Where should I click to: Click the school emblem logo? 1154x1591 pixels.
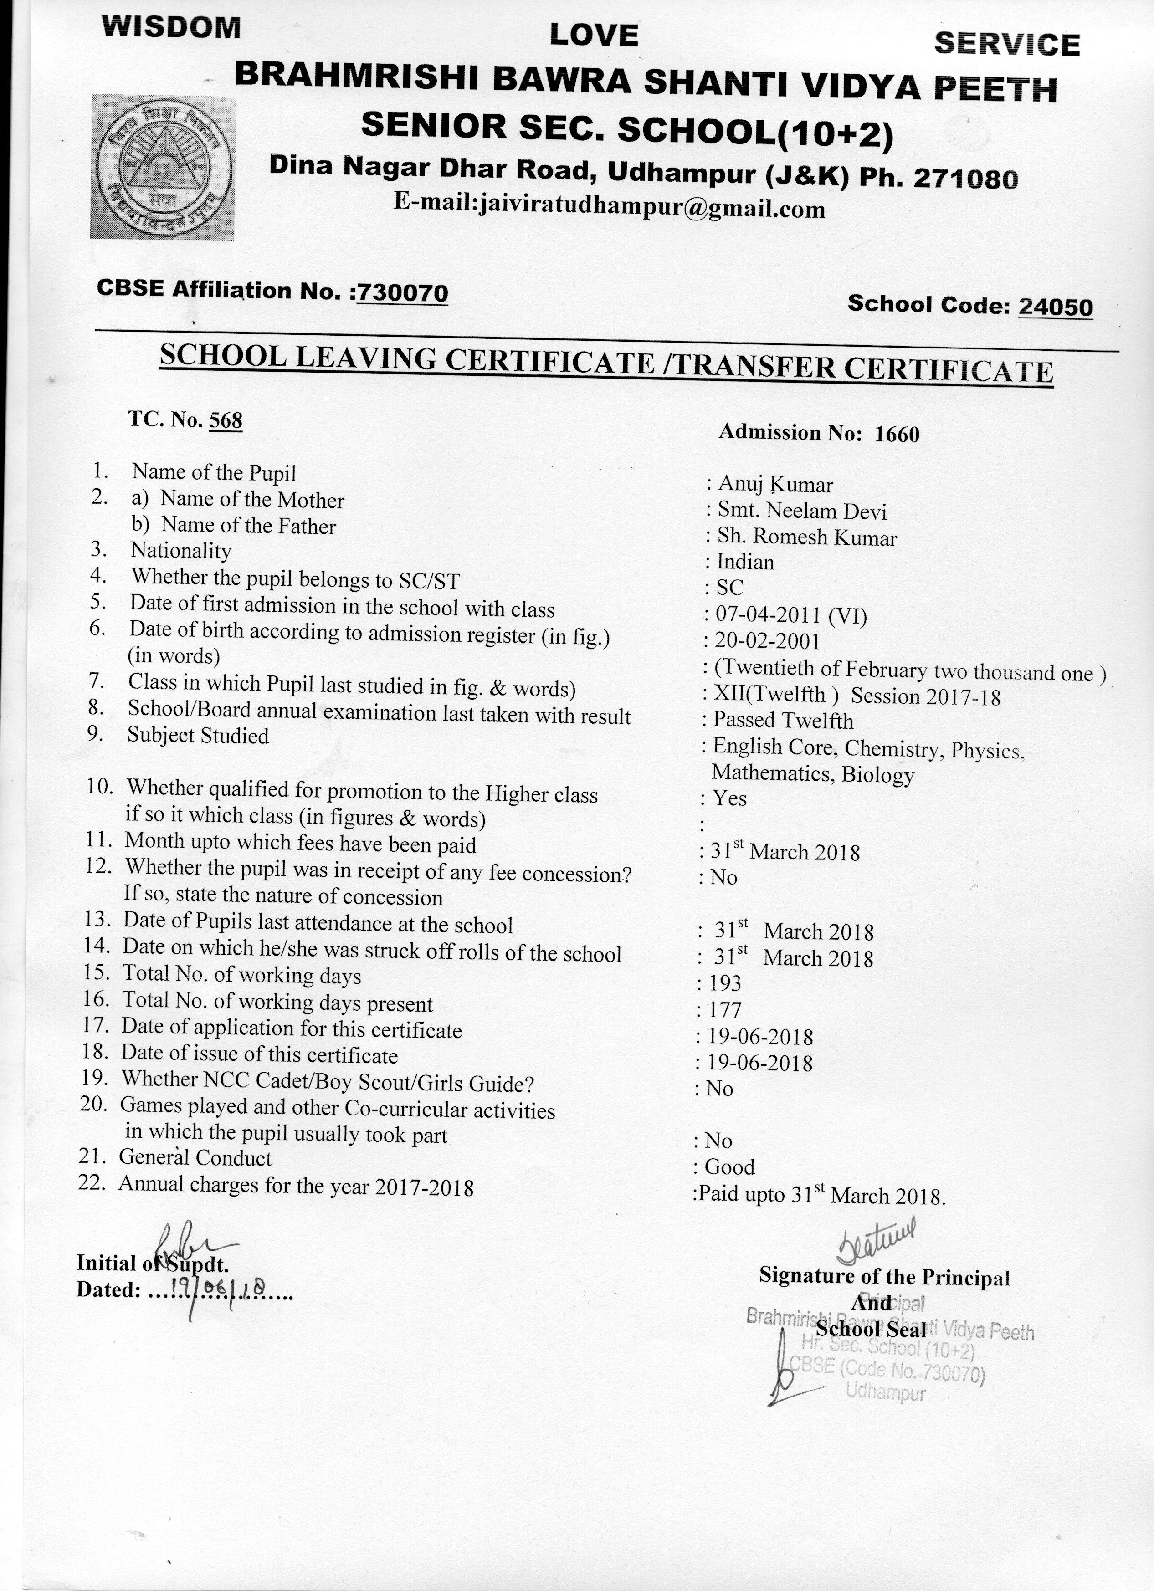(x=162, y=167)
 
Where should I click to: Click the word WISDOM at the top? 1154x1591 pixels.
(x=171, y=27)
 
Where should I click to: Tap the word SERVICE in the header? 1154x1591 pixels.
(x=1007, y=45)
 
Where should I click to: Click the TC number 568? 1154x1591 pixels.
(x=226, y=420)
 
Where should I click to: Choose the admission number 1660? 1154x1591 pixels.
(x=897, y=434)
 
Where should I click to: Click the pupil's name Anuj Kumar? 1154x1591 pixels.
(x=775, y=485)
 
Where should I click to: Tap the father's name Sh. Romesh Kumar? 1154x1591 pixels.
(x=807, y=537)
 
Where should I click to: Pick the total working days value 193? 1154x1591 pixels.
(x=725, y=983)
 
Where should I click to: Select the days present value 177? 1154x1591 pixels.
(x=725, y=1010)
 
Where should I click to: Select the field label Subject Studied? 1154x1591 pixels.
(x=198, y=736)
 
